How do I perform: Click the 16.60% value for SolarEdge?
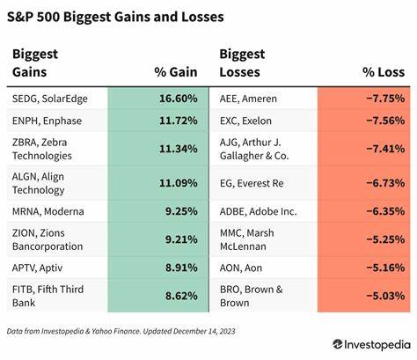pyautogui.click(x=173, y=100)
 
